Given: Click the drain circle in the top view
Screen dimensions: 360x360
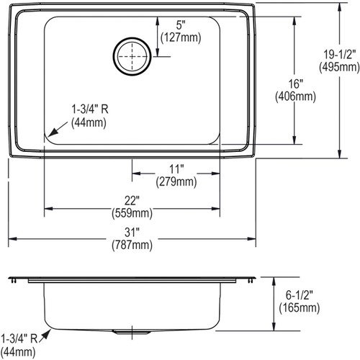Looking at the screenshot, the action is [x=114, y=57].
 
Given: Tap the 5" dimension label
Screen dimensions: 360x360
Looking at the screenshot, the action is [x=181, y=25].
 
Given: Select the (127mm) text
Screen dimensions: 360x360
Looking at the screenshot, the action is [x=181, y=37].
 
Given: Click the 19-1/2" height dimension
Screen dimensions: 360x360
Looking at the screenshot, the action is [x=339, y=55].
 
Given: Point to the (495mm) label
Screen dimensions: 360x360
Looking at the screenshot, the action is [x=339, y=67].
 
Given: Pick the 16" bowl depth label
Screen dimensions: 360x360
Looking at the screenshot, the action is [x=295, y=84].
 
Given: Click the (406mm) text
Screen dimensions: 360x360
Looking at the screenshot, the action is [x=295, y=96].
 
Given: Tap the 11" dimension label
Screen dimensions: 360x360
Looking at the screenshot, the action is [x=176, y=169].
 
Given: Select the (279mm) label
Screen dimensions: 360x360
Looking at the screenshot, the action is [x=176, y=181].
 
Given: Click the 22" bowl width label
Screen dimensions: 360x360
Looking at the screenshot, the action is [x=132, y=201].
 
